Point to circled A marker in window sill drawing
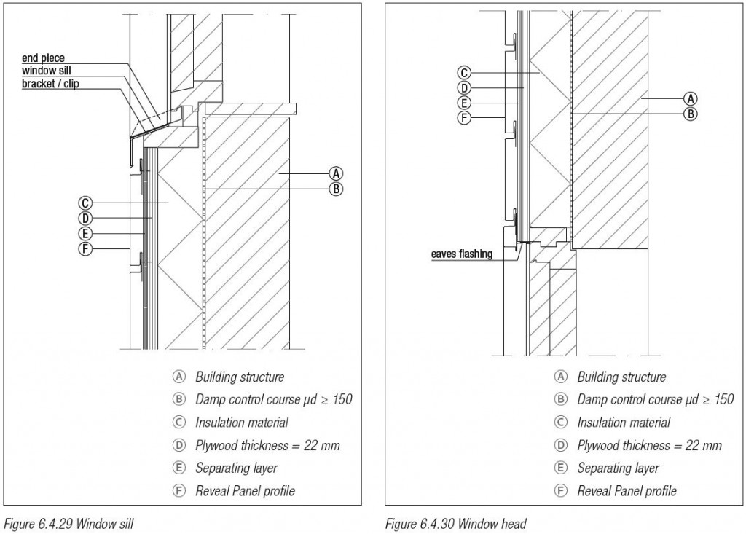(336, 173)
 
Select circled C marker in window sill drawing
(86, 203)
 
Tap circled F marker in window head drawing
(463, 117)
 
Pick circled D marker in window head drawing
(463, 87)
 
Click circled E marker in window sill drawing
(86, 233)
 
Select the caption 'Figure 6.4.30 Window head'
(455, 523)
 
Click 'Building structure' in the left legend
(240, 377)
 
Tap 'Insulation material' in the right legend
(624, 423)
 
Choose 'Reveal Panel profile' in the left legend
(245, 490)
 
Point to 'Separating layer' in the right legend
(618, 468)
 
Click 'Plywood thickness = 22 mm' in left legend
(267, 445)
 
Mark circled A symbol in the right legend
(560, 377)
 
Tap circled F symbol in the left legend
(178, 491)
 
